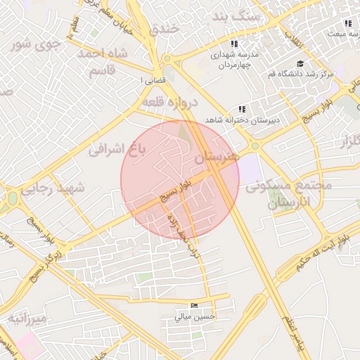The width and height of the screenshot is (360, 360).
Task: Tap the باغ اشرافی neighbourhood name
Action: pos(115,149)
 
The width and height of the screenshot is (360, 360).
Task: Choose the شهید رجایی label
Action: pos(53,188)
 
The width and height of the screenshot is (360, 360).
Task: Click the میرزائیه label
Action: pos(27,319)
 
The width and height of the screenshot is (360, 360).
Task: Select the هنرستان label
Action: pos(217,157)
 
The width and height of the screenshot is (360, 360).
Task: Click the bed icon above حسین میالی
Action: pos(195,306)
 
